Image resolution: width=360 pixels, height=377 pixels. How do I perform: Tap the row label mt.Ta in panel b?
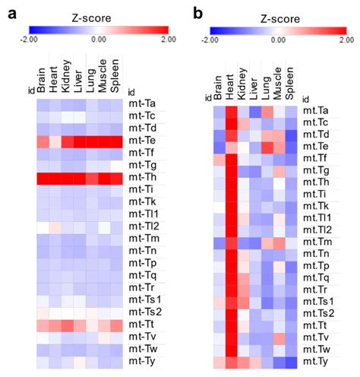point(320,110)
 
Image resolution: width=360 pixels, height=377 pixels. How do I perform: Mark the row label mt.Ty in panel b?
point(320,363)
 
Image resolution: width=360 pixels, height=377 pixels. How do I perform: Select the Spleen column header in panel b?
point(291,84)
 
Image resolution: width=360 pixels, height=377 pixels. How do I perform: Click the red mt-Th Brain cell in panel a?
point(43,179)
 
